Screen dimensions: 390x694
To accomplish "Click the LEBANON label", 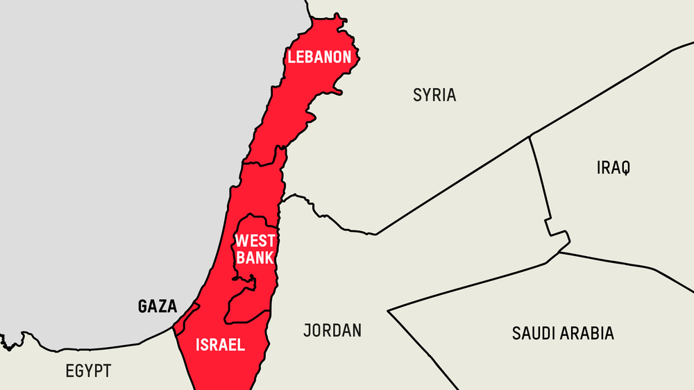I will (x=319, y=57).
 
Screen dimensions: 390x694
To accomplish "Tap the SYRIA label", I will (x=434, y=95).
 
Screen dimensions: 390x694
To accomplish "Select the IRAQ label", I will (x=613, y=167).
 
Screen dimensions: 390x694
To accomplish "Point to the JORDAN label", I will (x=332, y=330).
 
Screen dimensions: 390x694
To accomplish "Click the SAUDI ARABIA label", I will (x=563, y=333).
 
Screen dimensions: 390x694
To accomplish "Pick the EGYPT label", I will (x=88, y=371).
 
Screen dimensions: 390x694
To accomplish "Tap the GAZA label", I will (x=158, y=306).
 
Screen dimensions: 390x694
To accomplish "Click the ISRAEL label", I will (x=221, y=344).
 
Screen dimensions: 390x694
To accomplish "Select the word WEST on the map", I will (x=255, y=241).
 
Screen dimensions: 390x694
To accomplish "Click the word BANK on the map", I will (x=255, y=258).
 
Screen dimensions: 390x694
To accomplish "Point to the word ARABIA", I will (x=582, y=333).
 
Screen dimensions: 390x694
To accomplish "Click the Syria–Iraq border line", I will (x=540, y=180).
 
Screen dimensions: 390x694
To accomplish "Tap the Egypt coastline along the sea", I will (x=104, y=346).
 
